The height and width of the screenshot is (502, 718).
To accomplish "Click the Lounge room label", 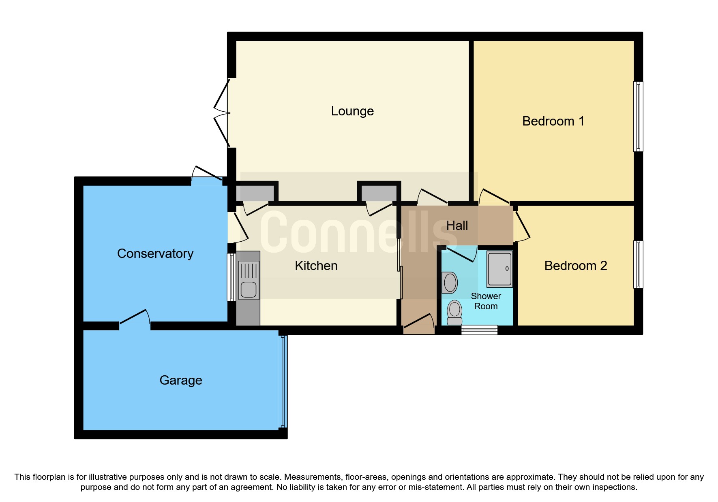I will coord(352,111).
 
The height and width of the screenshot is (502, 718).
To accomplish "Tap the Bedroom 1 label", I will coord(553,121).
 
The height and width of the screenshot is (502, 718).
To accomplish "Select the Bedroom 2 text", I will coord(575,266).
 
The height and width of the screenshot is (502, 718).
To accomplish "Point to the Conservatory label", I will coord(155,253).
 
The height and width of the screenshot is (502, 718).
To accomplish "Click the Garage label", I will coord(181,380).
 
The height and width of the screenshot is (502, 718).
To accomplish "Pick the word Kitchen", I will coord(316,266).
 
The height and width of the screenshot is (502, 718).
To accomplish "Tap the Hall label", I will coord(457,225).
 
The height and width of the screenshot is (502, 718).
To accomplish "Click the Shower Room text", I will coord(486,301).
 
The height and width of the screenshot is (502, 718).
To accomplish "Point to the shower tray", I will coord(499,269).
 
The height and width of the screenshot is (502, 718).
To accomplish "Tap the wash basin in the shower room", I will coord(450,282).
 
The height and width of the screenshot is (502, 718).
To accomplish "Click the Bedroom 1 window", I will coord(638,117).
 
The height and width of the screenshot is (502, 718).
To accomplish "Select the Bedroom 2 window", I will coord(638,264).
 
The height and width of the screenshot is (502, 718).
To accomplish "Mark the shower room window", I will coord(479,330).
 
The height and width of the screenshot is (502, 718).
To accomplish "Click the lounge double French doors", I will coord(222,113).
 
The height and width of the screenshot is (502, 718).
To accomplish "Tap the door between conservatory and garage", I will coord(135,318).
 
